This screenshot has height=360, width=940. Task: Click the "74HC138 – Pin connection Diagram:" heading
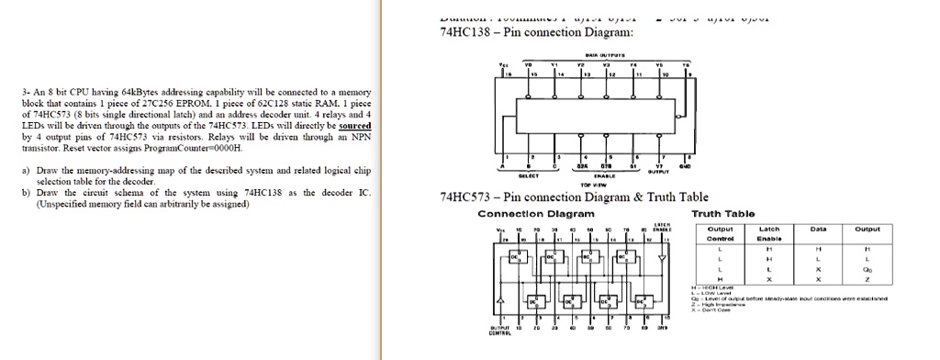tap(537, 33)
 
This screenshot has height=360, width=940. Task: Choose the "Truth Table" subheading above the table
tap(730, 214)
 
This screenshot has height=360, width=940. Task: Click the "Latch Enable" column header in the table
tap(769, 233)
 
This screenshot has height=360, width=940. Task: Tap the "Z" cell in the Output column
tap(867, 279)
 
